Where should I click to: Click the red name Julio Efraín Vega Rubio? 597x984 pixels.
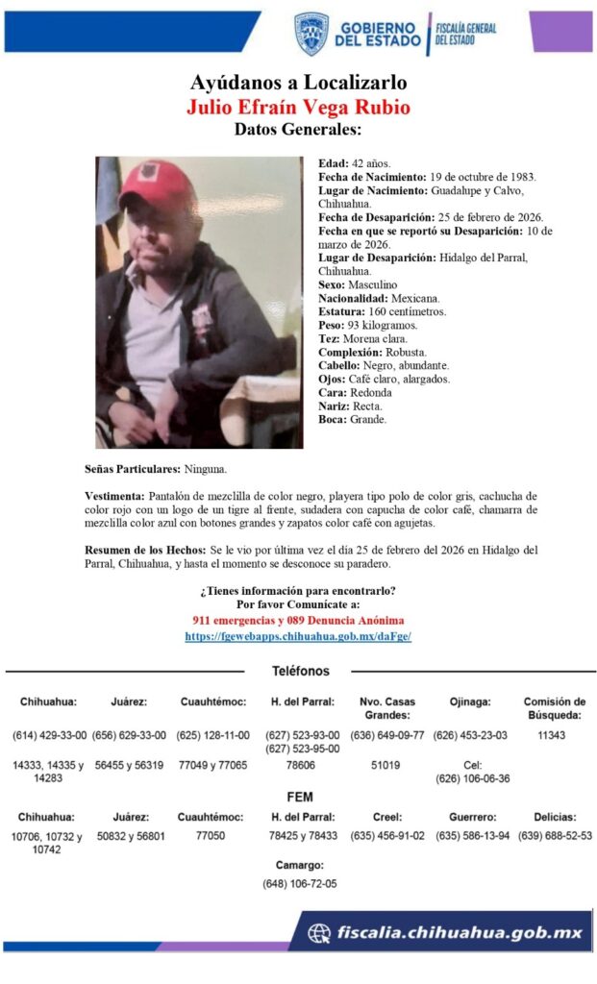(298, 107)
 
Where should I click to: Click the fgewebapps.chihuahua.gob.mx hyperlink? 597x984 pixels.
(298, 636)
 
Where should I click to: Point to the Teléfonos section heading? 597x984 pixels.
(300, 671)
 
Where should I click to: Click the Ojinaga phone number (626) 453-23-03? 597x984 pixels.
(470, 735)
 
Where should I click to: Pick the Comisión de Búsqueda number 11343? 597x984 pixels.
(554, 735)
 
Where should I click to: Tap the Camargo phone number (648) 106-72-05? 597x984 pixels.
(299, 883)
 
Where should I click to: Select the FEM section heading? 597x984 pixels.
(299, 797)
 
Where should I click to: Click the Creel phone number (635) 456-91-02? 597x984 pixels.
(387, 835)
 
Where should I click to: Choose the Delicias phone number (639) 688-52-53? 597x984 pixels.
(555, 835)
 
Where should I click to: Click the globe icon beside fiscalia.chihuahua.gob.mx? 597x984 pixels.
(319, 932)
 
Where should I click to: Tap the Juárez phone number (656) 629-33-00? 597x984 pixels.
(129, 735)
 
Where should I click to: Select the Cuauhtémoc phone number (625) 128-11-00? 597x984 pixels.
(212, 735)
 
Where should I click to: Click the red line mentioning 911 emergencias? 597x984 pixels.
(298, 621)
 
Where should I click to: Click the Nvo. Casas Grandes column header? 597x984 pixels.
(387, 708)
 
